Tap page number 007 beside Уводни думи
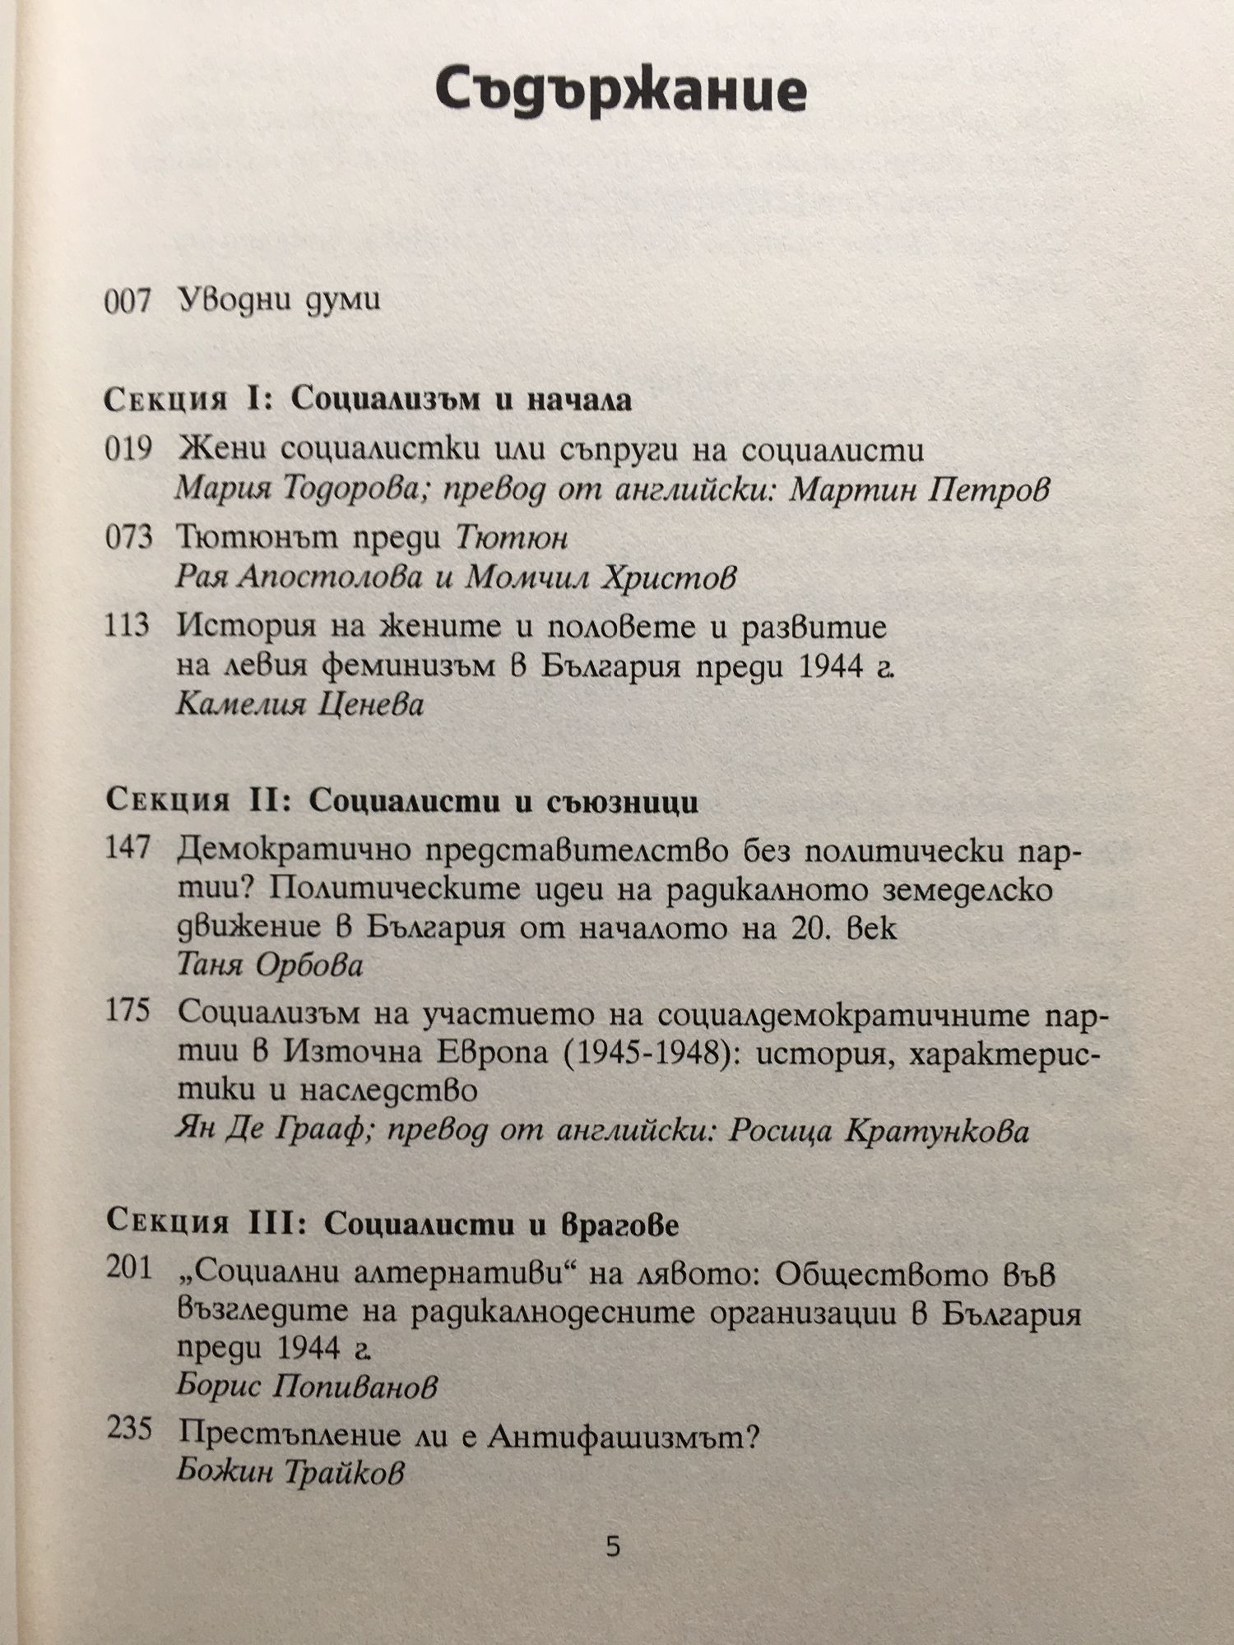click(128, 301)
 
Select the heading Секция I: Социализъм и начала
click(369, 400)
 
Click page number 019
click(129, 450)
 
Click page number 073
click(129, 538)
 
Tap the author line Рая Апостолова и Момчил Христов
click(456, 578)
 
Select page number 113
click(128, 626)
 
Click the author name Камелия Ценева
click(300, 705)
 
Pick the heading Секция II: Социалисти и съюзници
click(402, 801)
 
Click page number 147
click(128, 848)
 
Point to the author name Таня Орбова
click(270, 965)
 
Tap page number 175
click(128, 1012)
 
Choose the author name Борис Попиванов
click(306, 1387)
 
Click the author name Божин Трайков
click(290, 1471)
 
